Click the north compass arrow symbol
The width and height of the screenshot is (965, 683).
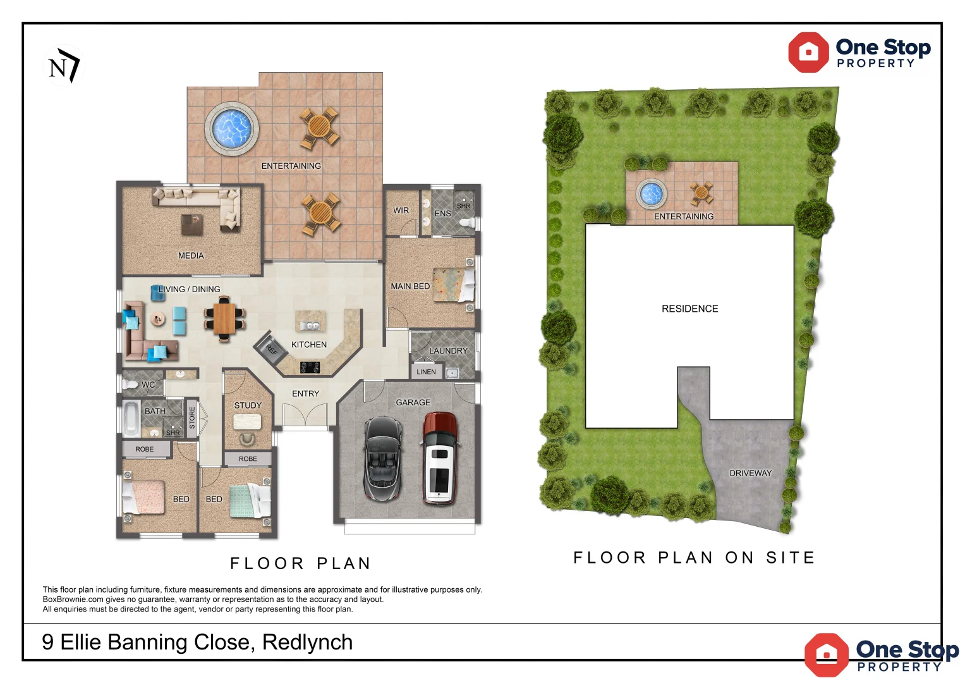(x=64, y=66)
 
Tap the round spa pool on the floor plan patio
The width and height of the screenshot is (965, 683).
(x=232, y=128)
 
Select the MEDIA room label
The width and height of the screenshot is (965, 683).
(x=191, y=255)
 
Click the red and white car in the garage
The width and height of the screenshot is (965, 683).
(x=439, y=458)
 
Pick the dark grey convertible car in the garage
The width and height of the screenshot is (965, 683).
(x=383, y=459)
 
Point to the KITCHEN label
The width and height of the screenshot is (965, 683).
(x=309, y=345)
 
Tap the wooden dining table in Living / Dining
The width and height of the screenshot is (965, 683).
(x=224, y=319)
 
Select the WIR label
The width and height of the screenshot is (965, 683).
(x=401, y=211)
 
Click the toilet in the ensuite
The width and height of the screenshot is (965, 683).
(x=467, y=223)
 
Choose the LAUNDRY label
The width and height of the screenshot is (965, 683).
(x=448, y=351)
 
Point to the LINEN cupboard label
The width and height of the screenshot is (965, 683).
(x=426, y=372)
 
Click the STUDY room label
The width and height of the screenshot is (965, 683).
(x=248, y=405)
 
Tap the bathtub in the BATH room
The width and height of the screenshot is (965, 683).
(x=131, y=419)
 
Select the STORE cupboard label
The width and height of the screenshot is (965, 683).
(x=192, y=417)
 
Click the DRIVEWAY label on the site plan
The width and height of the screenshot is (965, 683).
(x=751, y=473)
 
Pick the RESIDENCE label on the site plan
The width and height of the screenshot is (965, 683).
(x=689, y=309)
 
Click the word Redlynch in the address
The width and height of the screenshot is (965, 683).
(x=307, y=642)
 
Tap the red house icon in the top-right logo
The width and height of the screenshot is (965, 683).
(x=808, y=52)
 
